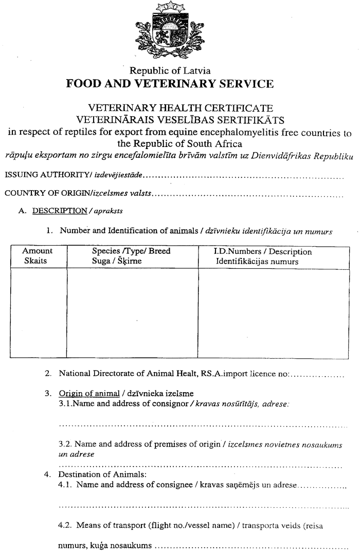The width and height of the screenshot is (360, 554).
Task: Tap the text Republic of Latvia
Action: [x=170, y=71]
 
